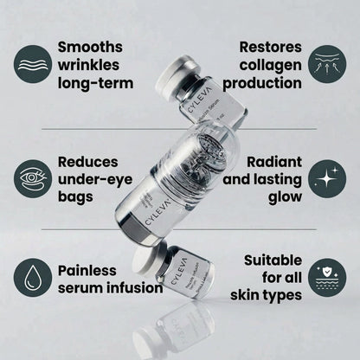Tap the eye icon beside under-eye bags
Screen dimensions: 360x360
33,178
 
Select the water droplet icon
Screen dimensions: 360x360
33,277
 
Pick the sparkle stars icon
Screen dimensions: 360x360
328,179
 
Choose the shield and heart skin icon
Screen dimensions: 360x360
328,277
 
